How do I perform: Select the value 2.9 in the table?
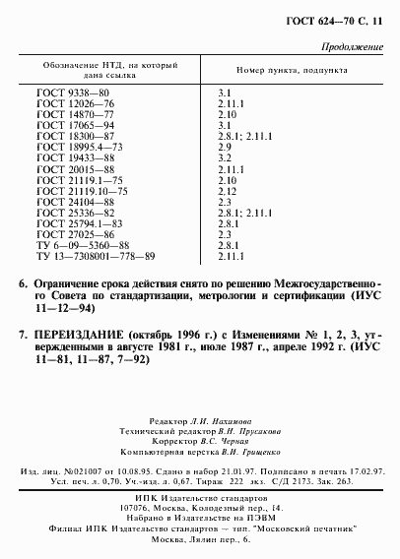click(224, 146)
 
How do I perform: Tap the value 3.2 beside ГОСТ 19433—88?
click(224, 155)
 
